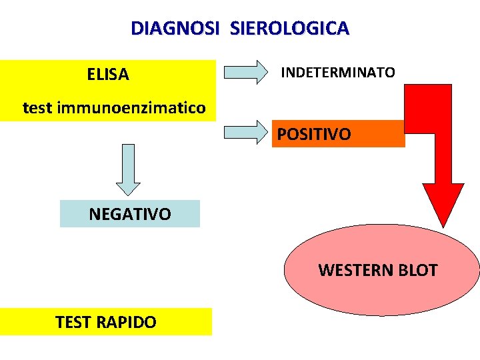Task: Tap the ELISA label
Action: pyautogui.click(x=108, y=75)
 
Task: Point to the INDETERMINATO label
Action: pyautogui.click(x=337, y=72)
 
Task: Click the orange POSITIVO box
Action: pyautogui.click(x=338, y=134)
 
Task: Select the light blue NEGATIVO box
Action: pyautogui.click(x=130, y=214)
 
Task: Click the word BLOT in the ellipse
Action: pyautogui.click(x=417, y=270)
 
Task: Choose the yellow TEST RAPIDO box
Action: pyautogui.click(x=107, y=322)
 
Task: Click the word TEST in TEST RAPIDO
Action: pyautogui.click(x=73, y=323)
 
